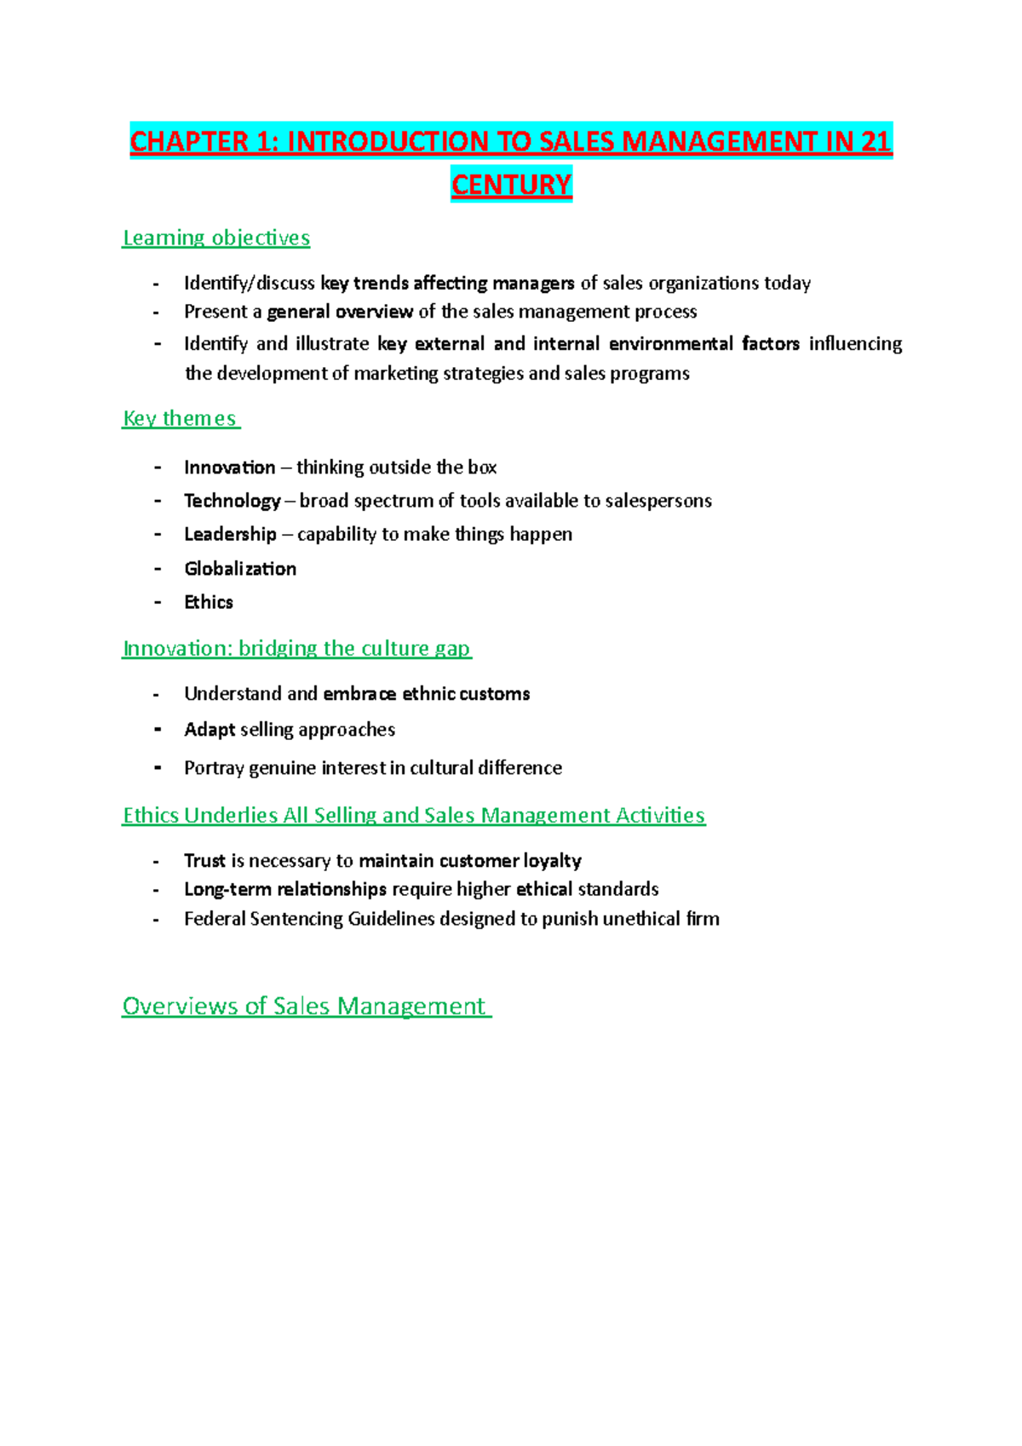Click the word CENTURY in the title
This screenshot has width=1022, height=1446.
click(x=511, y=185)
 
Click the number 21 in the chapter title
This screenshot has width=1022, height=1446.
click(x=876, y=141)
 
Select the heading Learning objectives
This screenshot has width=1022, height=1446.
click(x=216, y=238)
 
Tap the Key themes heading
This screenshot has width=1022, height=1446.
click(x=180, y=418)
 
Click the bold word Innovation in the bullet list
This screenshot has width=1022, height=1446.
click(x=229, y=468)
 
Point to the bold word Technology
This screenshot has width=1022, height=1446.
click(x=232, y=501)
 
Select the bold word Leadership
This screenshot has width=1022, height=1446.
click(x=230, y=534)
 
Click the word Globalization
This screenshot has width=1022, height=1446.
click(x=240, y=569)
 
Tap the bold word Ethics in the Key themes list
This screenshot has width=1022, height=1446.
click(x=209, y=602)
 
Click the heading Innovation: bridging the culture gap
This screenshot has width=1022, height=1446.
click(x=296, y=648)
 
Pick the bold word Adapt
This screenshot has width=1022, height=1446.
click(x=210, y=730)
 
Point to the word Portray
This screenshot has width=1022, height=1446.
click(x=214, y=768)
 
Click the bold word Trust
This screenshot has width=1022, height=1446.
click(x=204, y=861)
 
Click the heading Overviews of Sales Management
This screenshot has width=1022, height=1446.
click(x=304, y=1006)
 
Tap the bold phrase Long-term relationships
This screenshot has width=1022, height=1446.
click(x=285, y=889)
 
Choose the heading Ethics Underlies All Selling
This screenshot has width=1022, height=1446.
click(x=414, y=815)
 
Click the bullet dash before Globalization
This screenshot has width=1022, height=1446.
click(x=158, y=569)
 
